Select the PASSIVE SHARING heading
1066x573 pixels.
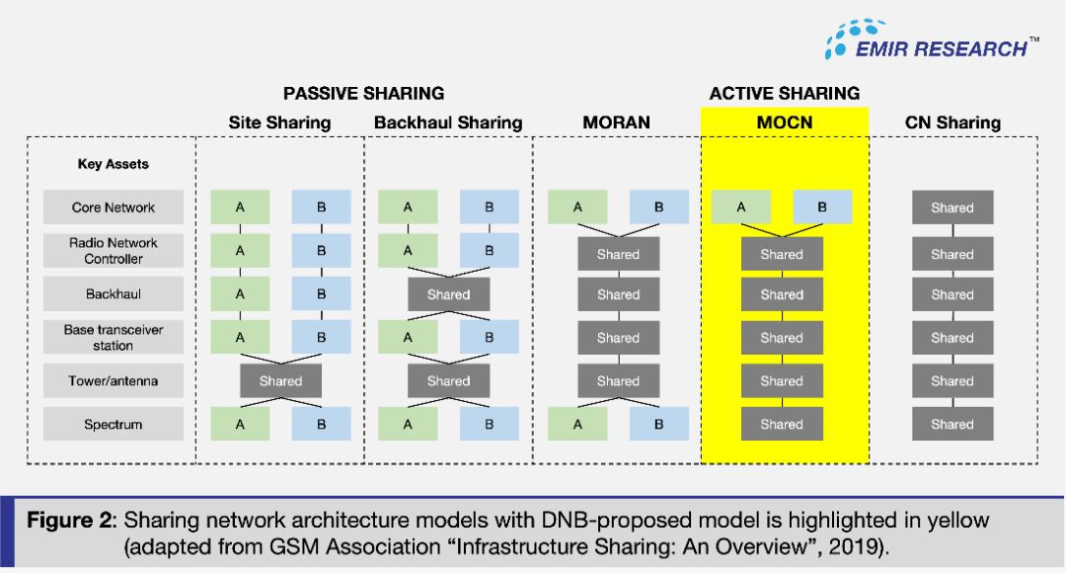click(363, 94)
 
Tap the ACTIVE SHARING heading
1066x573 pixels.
click(785, 94)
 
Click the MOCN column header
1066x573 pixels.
click(785, 123)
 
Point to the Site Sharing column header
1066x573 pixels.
click(279, 123)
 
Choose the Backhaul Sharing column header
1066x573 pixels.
click(448, 123)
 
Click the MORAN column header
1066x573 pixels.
click(617, 123)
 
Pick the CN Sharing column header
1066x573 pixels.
click(952, 123)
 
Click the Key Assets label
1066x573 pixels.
click(113, 165)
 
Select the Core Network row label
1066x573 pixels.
click(114, 207)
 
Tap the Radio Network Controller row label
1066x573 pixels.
click(114, 251)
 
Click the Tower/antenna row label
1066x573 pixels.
click(114, 380)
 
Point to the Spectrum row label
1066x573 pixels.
click(114, 425)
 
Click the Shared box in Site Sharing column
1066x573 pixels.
click(280, 380)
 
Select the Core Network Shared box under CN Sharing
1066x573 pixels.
click(952, 207)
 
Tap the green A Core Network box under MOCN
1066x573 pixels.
click(741, 207)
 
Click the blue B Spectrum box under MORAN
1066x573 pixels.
click(658, 425)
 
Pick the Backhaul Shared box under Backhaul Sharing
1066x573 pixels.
click(448, 294)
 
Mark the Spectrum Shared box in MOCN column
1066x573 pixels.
click(782, 425)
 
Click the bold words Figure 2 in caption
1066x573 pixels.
click(68, 521)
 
